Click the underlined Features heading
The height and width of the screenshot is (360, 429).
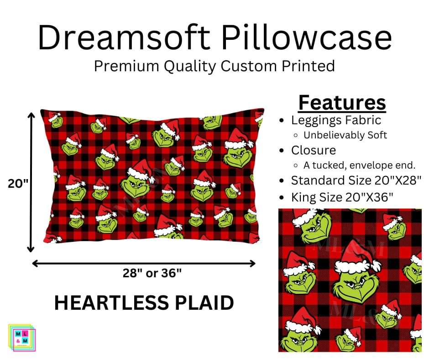pos(342,103)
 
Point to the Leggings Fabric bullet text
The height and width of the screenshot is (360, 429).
pos(336,120)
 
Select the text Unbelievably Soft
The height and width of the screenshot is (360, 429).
pos(345,135)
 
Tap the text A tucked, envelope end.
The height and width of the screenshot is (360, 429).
pos(360,165)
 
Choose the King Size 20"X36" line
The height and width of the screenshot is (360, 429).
pos(342,197)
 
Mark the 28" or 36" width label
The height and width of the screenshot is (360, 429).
pos(152,273)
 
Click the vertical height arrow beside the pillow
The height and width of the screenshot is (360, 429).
pos(31,182)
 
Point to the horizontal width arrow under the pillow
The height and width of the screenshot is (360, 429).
pos(144,263)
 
